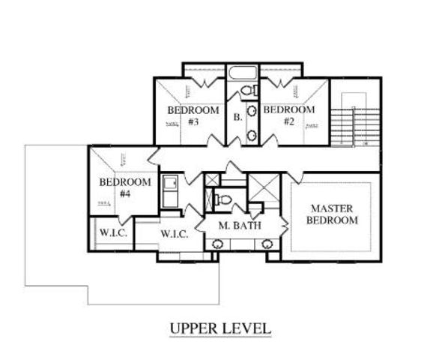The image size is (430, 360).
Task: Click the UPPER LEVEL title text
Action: coord(219,328)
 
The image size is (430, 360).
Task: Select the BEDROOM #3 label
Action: coord(193,115)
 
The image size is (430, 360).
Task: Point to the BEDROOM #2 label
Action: coord(288,115)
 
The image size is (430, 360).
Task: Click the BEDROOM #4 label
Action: coord(125,187)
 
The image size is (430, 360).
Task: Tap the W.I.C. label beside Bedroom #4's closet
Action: coord(113,233)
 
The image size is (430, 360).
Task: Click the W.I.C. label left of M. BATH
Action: coord(178,234)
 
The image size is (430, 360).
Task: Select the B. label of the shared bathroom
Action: coord(237,117)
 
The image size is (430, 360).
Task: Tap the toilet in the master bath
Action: coord(221,199)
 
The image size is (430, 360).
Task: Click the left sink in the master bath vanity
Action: coord(217,244)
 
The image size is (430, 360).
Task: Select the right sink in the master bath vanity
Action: coord(267,244)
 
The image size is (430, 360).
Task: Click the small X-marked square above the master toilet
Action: coord(213,181)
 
